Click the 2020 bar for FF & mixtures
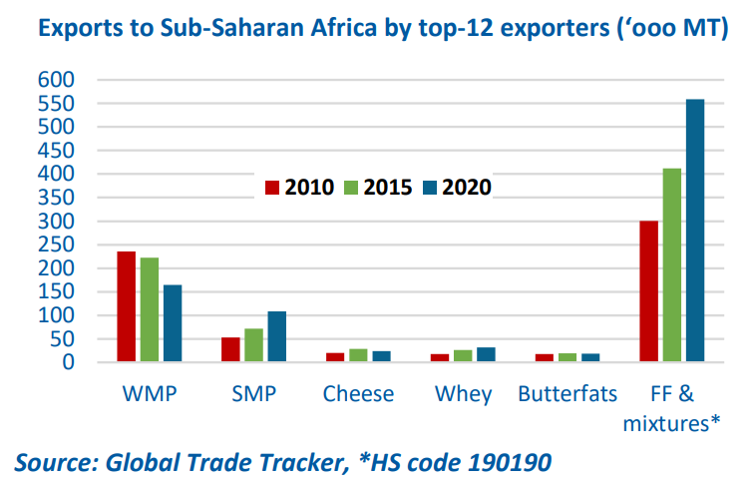(695, 231)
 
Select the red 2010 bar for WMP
(127, 306)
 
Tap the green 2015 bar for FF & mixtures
(671, 264)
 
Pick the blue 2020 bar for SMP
(276, 336)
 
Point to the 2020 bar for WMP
(173, 323)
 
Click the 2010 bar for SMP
(230, 349)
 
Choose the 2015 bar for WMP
(150, 309)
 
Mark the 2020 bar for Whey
(485, 354)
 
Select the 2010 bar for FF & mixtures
(648, 290)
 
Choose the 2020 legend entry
(458, 188)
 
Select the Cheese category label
(358, 394)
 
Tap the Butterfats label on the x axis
(567, 394)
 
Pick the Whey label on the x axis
(464, 394)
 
